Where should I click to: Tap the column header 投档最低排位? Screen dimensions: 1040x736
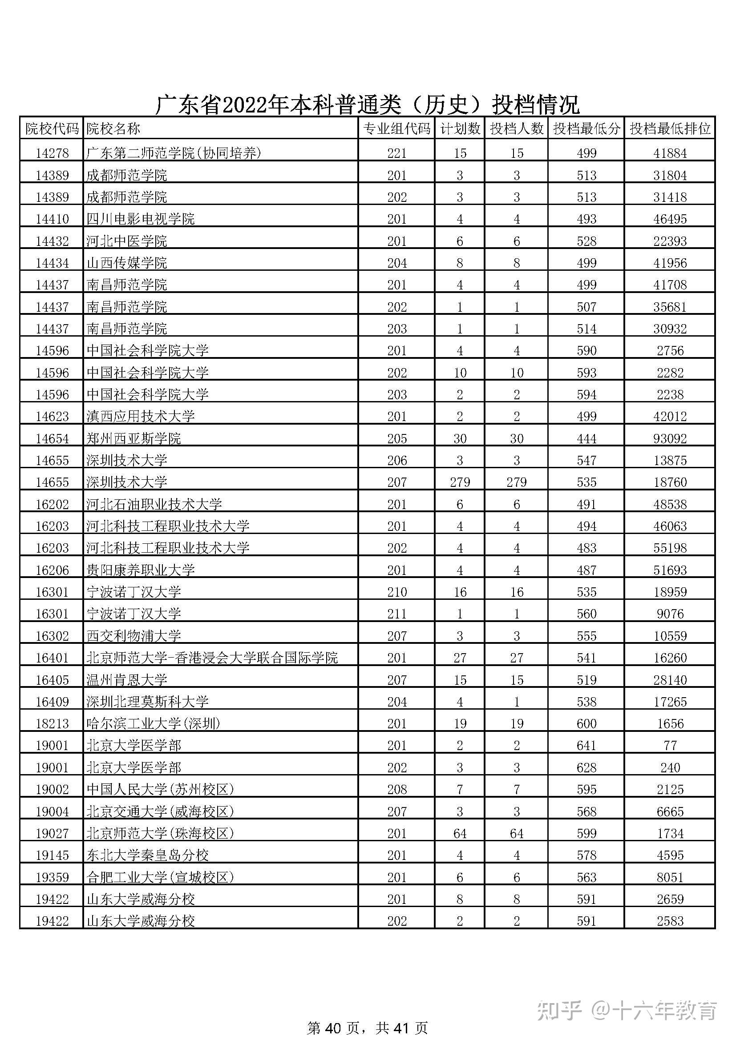point(670,129)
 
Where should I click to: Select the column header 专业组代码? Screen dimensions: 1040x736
point(396,129)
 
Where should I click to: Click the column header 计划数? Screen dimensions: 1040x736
point(460,129)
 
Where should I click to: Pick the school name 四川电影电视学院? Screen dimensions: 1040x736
point(141,219)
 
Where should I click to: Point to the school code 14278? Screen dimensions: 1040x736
point(52,153)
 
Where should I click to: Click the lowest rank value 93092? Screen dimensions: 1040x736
point(670,438)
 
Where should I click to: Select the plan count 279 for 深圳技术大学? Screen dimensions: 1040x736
point(460,482)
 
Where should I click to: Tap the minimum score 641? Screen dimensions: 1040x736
point(586,745)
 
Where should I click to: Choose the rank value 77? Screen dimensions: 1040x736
point(670,745)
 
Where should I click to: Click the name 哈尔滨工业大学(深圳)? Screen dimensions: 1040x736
point(153,723)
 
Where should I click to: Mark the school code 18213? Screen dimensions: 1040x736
point(52,723)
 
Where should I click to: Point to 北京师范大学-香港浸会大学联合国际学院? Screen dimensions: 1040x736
point(212,658)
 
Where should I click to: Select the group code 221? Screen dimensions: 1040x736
point(396,153)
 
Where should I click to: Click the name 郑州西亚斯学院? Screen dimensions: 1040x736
point(133,438)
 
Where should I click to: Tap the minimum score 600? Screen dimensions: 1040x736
point(586,723)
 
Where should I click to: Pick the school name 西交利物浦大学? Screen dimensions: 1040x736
point(133,636)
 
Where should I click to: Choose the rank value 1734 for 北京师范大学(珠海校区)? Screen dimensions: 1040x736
point(670,833)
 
